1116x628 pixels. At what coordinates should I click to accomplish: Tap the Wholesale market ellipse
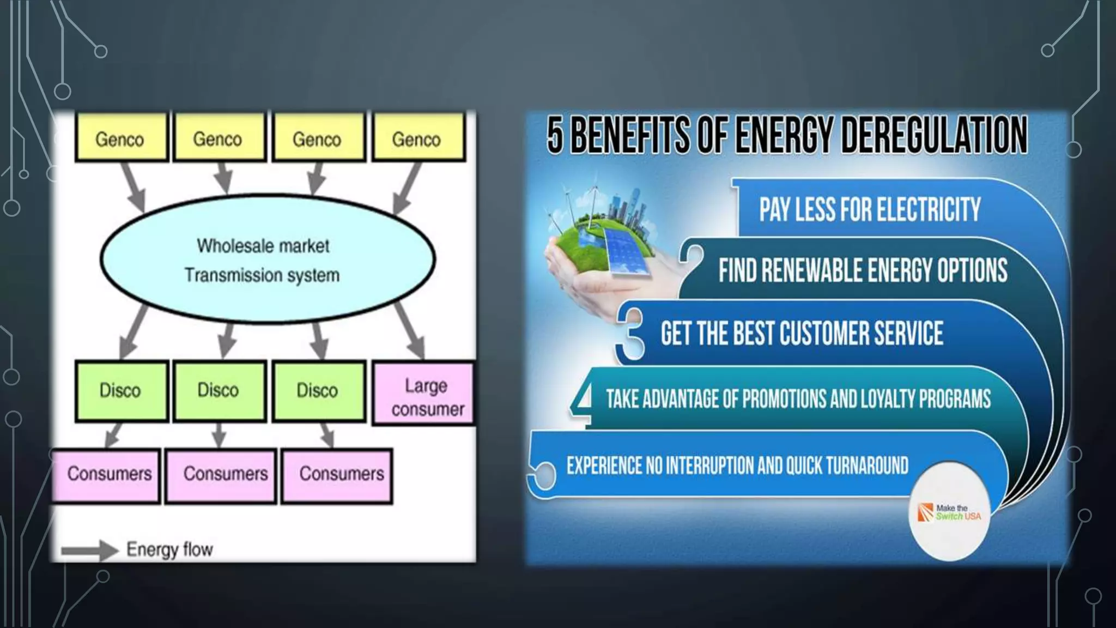point(267,259)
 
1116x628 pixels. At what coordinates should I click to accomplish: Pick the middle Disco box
point(219,391)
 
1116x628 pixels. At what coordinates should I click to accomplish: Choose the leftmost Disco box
point(121,391)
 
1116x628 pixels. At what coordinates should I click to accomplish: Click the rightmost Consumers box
point(337,475)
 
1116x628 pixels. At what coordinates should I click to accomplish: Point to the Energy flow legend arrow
point(89,549)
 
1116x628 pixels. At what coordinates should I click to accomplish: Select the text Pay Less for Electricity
point(870,210)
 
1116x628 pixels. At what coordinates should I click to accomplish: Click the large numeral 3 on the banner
point(630,333)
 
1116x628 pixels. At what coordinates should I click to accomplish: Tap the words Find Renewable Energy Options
point(863,271)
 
